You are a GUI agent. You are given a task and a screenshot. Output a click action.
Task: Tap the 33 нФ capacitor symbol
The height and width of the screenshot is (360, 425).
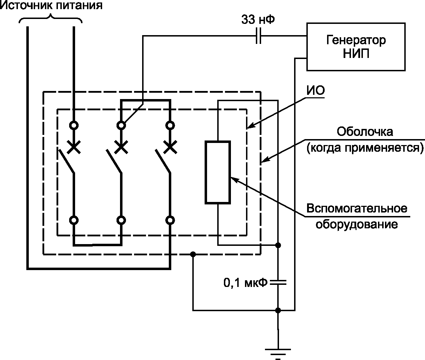click(x=258, y=36)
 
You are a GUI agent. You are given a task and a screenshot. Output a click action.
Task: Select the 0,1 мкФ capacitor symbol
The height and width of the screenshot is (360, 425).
click(x=278, y=282)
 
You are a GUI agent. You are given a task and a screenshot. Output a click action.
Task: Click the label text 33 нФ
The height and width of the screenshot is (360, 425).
click(x=258, y=20)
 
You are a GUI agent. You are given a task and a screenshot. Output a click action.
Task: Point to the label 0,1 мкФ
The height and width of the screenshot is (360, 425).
click(x=245, y=283)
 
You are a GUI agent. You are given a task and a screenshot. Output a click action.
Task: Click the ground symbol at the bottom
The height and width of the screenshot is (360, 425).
click(x=278, y=354)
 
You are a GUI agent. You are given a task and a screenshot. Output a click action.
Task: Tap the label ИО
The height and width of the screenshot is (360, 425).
click(x=316, y=90)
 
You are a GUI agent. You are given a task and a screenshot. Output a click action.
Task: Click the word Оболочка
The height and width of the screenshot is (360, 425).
click(x=365, y=131)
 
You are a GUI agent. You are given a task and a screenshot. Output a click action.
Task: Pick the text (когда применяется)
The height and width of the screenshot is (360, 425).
click(x=365, y=148)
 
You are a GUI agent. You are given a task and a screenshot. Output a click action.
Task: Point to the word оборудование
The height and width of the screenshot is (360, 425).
click(x=357, y=224)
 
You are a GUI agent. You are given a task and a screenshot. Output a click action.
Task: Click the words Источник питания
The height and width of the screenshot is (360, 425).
click(x=51, y=5)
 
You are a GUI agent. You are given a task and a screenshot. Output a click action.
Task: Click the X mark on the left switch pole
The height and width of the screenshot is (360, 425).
click(x=74, y=147)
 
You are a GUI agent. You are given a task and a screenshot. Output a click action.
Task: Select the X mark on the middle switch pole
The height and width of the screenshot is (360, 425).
click(x=121, y=147)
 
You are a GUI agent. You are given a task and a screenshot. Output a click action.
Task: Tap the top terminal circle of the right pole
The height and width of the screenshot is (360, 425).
click(x=170, y=125)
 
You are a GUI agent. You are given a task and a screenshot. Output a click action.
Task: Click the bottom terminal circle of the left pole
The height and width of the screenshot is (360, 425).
click(x=74, y=220)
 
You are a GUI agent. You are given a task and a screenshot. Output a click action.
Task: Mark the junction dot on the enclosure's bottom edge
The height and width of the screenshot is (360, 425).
click(x=193, y=254)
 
